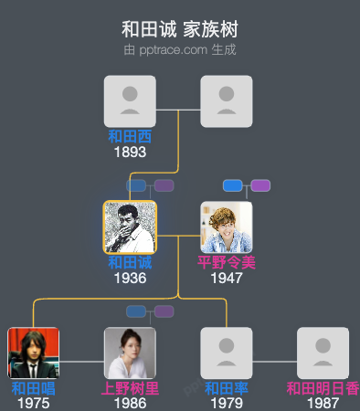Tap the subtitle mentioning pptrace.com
click(x=180, y=49)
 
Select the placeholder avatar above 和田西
click(x=130, y=101)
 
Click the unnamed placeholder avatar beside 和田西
click(x=227, y=101)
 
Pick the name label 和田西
click(x=130, y=137)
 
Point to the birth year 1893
click(x=130, y=152)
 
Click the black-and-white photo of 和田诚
click(x=130, y=227)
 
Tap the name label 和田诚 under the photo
click(x=130, y=263)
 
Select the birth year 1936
click(x=130, y=278)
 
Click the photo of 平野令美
click(x=227, y=227)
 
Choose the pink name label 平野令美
click(x=227, y=263)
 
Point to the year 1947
click(x=227, y=278)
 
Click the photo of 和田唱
click(x=33, y=353)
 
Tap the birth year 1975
click(x=33, y=403)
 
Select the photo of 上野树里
click(x=130, y=353)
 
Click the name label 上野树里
click(x=130, y=389)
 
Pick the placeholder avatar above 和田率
click(x=227, y=353)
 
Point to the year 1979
click(x=227, y=403)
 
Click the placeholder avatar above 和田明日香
click(x=323, y=353)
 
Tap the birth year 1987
click(x=323, y=403)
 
